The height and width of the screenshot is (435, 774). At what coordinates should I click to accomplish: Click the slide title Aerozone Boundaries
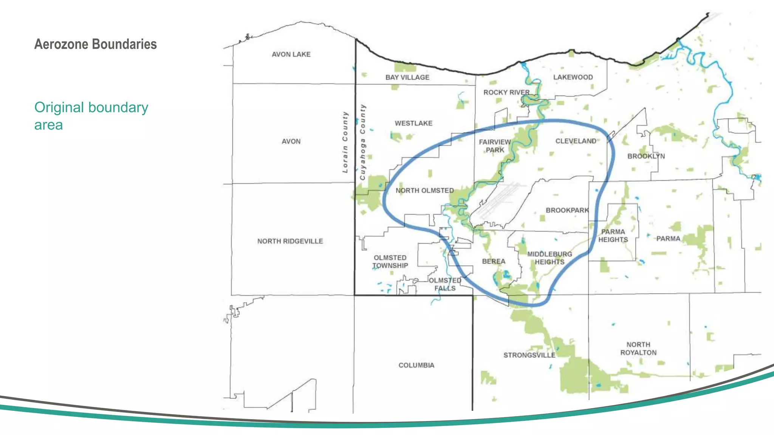[x=95, y=44]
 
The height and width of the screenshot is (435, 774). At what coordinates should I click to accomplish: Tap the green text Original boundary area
[x=91, y=116]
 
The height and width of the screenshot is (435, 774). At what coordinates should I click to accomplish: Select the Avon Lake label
[x=291, y=54]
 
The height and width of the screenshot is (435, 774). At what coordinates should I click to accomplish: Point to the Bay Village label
[x=407, y=77]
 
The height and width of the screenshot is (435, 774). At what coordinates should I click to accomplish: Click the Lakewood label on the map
[x=573, y=77]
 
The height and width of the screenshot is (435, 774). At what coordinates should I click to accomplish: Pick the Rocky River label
[x=506, y=93]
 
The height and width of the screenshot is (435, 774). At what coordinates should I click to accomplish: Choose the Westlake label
[x=413, y=123]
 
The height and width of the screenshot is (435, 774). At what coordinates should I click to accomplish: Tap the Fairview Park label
[x=495, y=146]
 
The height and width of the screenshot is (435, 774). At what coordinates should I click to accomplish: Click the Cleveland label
[x=576, y=141]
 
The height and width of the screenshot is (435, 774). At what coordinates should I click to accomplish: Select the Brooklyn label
[x=646, y=156]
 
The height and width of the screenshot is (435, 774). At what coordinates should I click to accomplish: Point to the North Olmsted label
[x=424, y=191]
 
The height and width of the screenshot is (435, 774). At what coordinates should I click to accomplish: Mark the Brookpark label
[x=567, y=210]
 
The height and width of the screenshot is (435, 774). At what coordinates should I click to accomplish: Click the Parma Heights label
[x=613, y=236]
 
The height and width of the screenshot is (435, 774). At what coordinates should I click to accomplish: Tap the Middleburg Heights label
[x=550, y=258]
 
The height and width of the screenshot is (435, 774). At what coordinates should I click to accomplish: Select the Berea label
[x=494, y=261]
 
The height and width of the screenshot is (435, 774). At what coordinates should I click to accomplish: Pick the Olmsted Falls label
[x=445, y=284]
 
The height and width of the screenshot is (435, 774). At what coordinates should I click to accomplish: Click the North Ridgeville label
[x=290, y=241]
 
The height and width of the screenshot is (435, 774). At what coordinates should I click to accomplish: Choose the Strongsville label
[x=529, y=355]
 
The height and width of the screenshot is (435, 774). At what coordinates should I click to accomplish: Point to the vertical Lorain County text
[x=345, y=142]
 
